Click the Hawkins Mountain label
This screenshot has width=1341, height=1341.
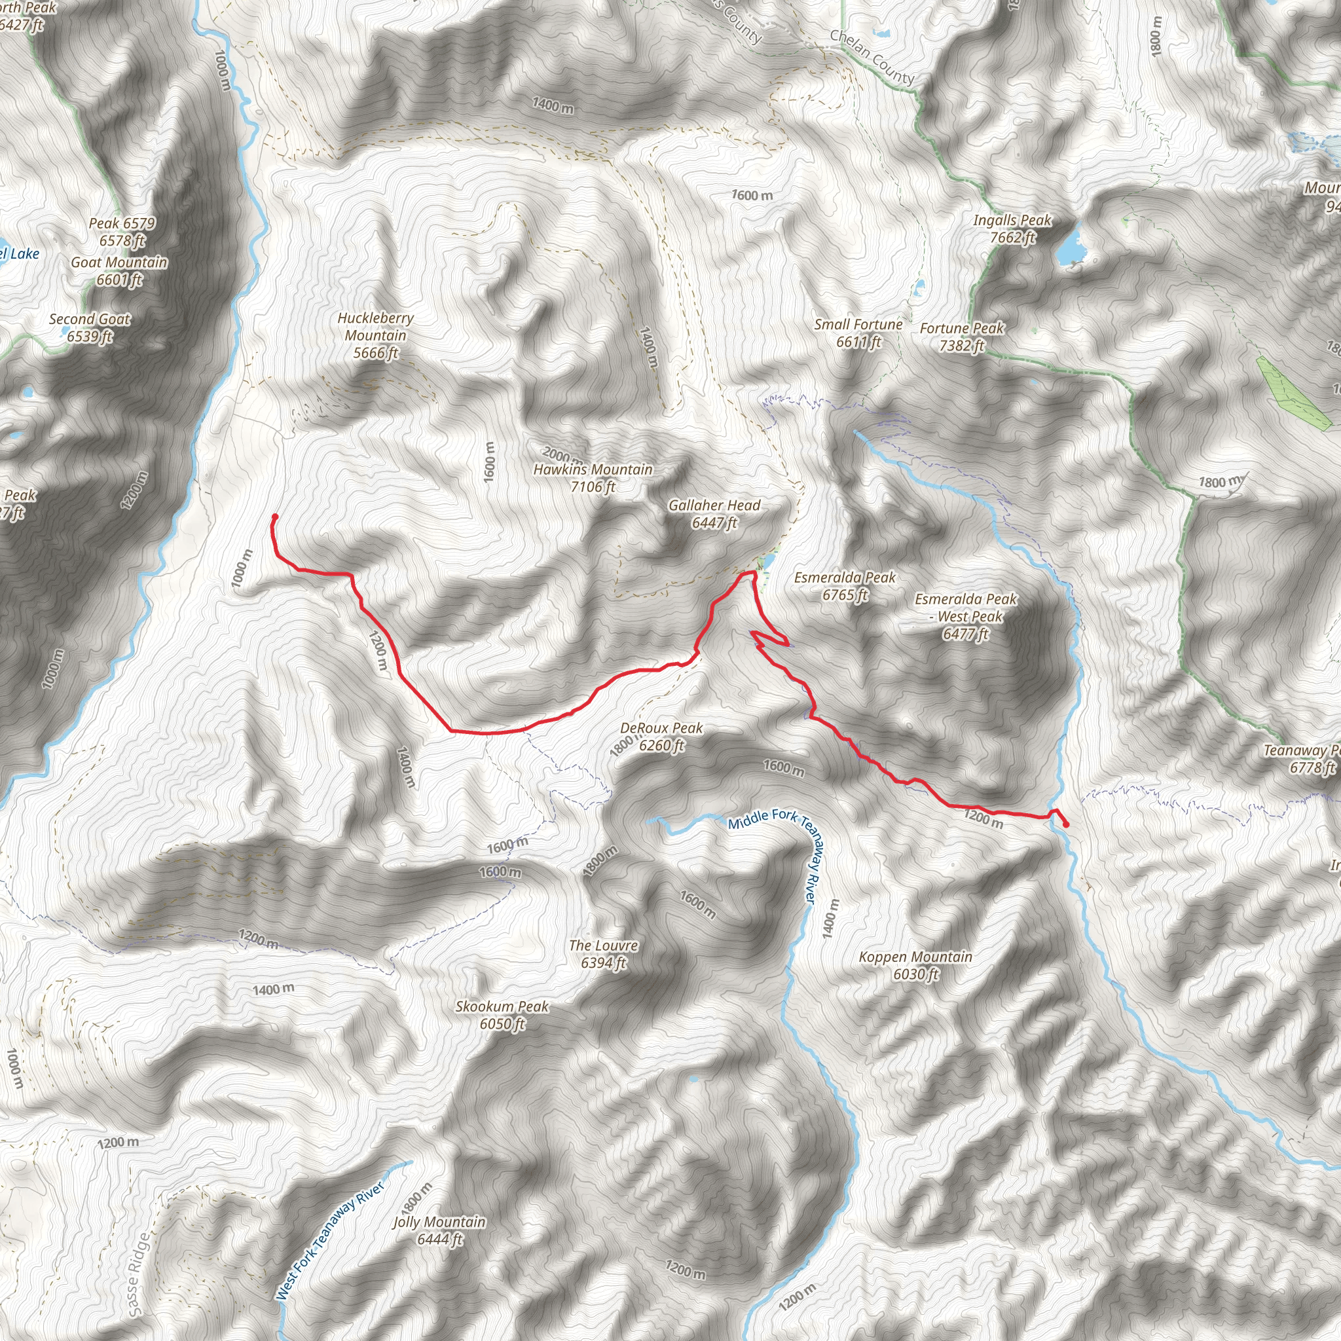(x=593, y=478)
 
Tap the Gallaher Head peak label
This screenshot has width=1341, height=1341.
(x=714, y=513)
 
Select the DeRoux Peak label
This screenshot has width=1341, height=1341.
(x=661, y=737)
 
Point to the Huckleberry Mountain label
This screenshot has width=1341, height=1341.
(x=375, y=335)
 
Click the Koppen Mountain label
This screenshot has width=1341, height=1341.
(x=915, y=964)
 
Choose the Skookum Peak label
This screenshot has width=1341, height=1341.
(x=502, y=1015)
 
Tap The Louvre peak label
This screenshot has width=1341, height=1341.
(x=603, y=953)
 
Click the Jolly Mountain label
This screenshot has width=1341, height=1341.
(x=439, y=1230)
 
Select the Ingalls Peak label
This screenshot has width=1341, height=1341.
(x=1012, y=229)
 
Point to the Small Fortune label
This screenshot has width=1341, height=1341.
(x=858, y=333)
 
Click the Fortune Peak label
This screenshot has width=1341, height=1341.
(x=961, y=337)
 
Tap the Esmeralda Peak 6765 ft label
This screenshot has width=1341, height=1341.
(x=845, y=586)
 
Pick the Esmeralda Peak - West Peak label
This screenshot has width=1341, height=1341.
(x=966, y=615)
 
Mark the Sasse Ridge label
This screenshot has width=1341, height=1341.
(x=139, y=1274)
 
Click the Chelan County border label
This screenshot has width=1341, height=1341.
(x=872, y=57)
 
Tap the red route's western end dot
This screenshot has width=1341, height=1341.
(x=274, y=517)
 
